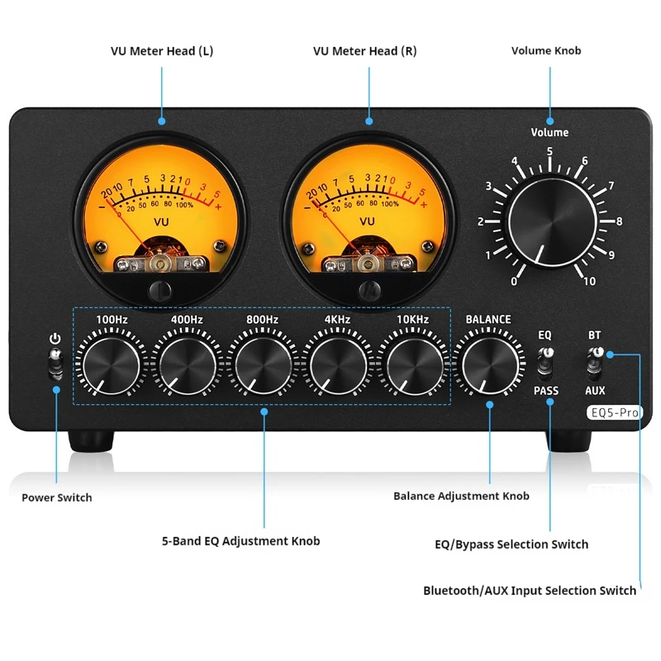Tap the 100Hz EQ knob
[111, 364]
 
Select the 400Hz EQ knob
[187, 364]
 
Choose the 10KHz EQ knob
[415, 364]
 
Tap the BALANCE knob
[488, 364]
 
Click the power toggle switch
[55, 363]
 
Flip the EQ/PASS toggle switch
[544, 361]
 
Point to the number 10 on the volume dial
[588, 282]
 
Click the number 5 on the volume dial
[549, 151]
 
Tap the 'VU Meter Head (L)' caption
[162, 51]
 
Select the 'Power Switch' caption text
[57, 497]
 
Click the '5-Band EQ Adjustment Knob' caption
[240, 541]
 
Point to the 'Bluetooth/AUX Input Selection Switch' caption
[530, 590]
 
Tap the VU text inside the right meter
[368, 221]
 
